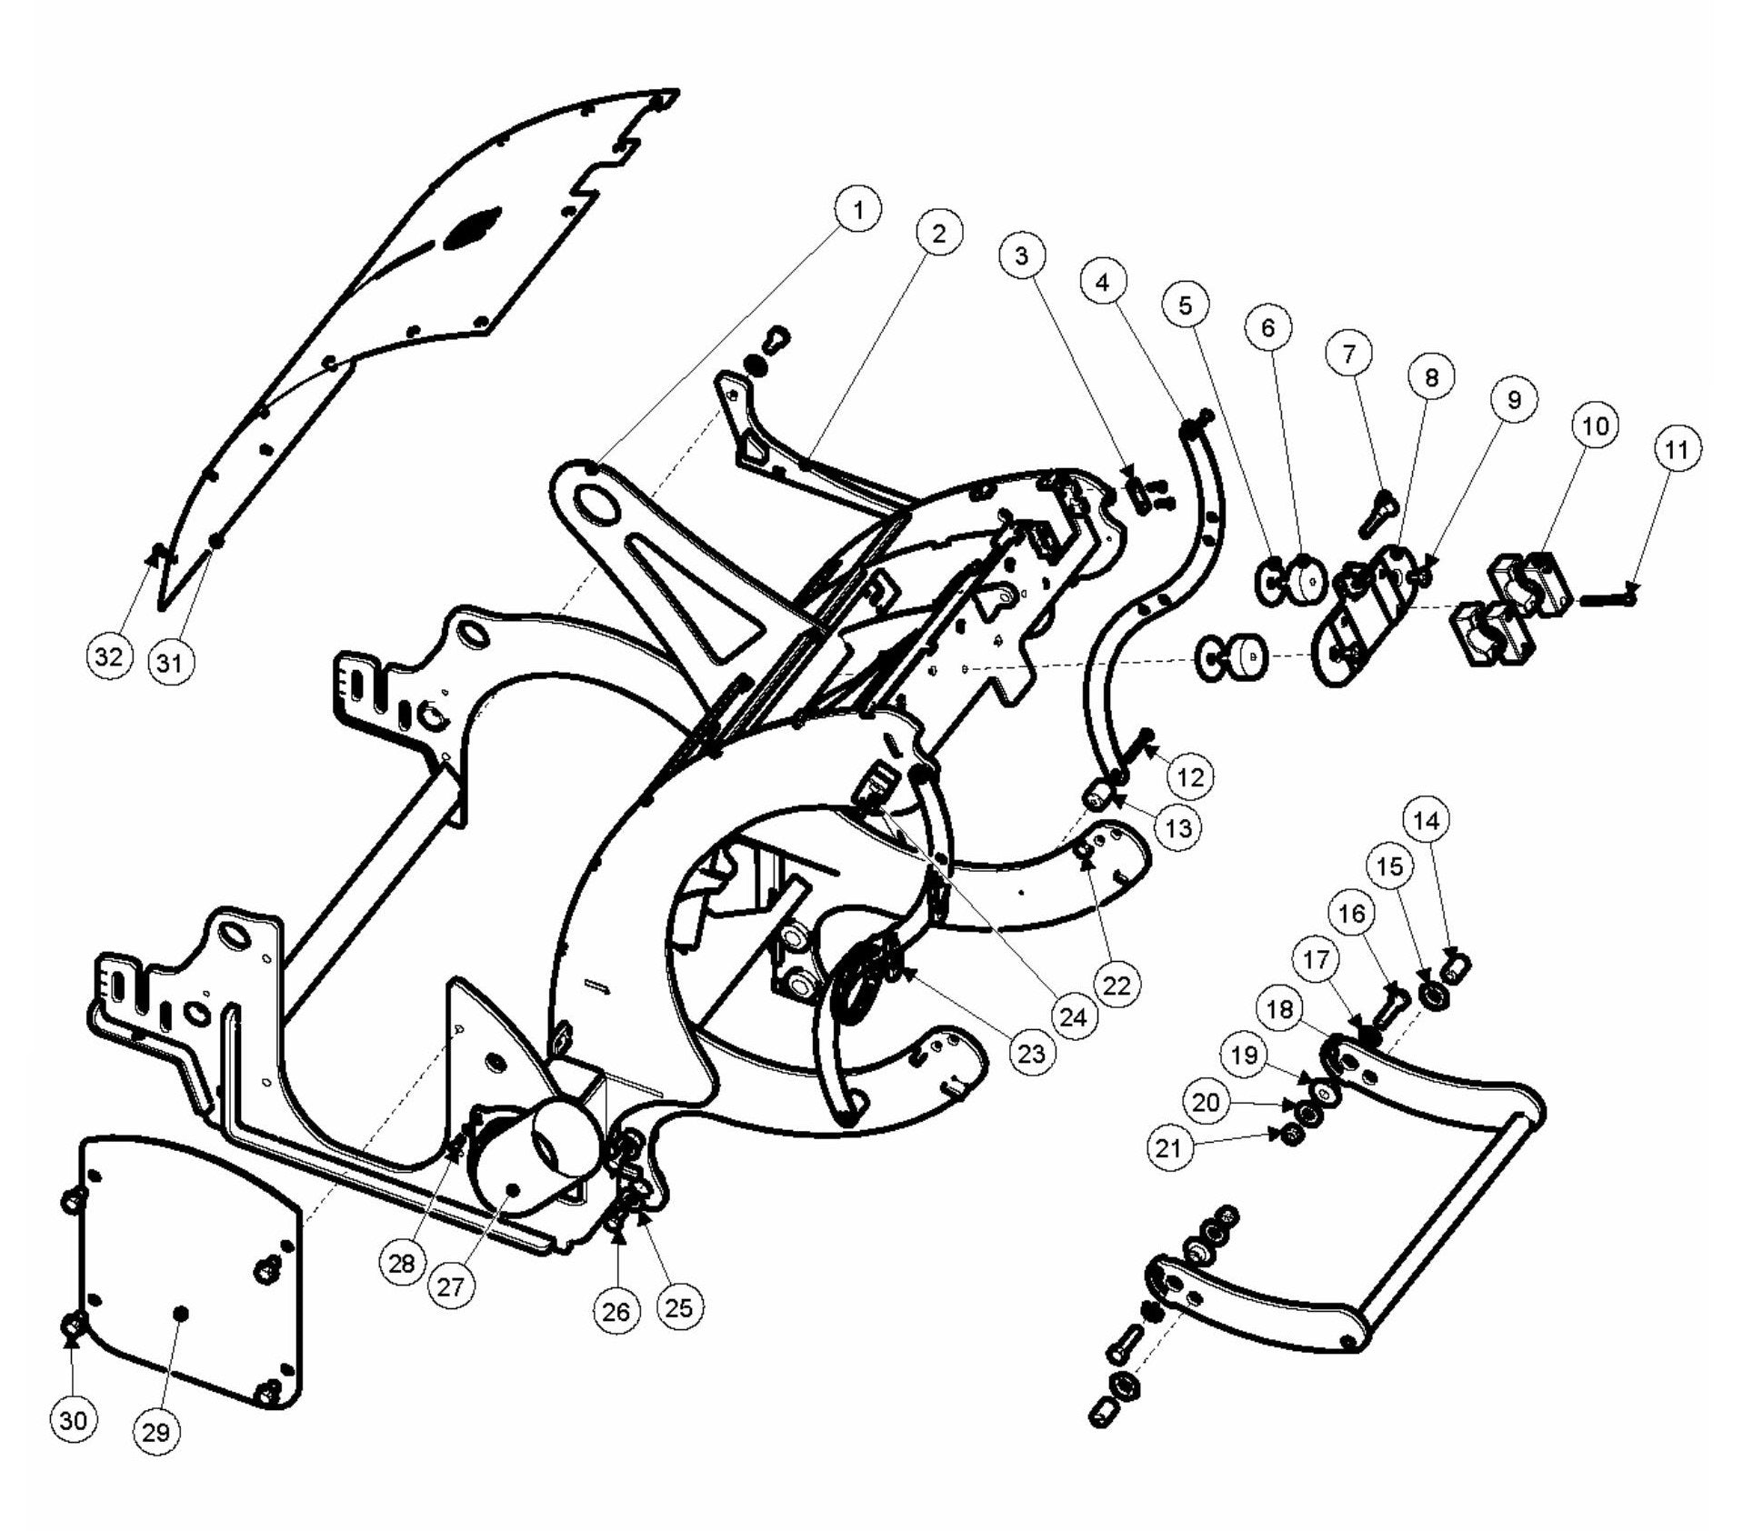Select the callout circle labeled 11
[1678, 449]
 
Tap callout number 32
[109, 656]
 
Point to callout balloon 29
[156, 1432]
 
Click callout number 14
[1427, 821]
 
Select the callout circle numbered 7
[1348, 353]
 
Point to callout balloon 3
[1022, 256]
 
